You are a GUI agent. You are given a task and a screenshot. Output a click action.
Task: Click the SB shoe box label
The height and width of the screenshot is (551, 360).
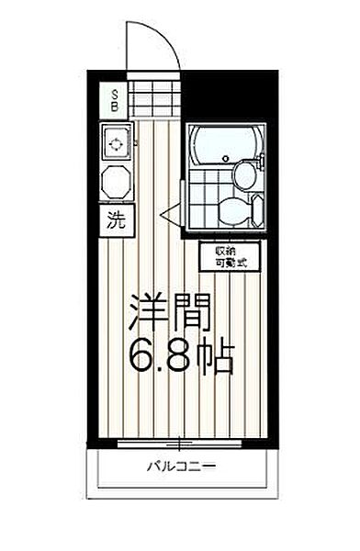115,99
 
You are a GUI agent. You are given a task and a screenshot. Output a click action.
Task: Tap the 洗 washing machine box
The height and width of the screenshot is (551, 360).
115,219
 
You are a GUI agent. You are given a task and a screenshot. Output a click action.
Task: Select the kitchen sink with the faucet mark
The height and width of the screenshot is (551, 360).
117,144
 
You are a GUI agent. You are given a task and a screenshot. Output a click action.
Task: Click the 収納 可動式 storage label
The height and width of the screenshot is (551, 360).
230,257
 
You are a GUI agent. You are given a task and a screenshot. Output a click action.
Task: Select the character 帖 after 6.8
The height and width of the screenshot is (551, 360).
217,356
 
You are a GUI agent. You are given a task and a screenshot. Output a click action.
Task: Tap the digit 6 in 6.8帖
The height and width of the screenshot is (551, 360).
144,356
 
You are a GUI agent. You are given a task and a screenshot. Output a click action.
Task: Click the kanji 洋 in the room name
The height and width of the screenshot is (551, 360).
148,312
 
